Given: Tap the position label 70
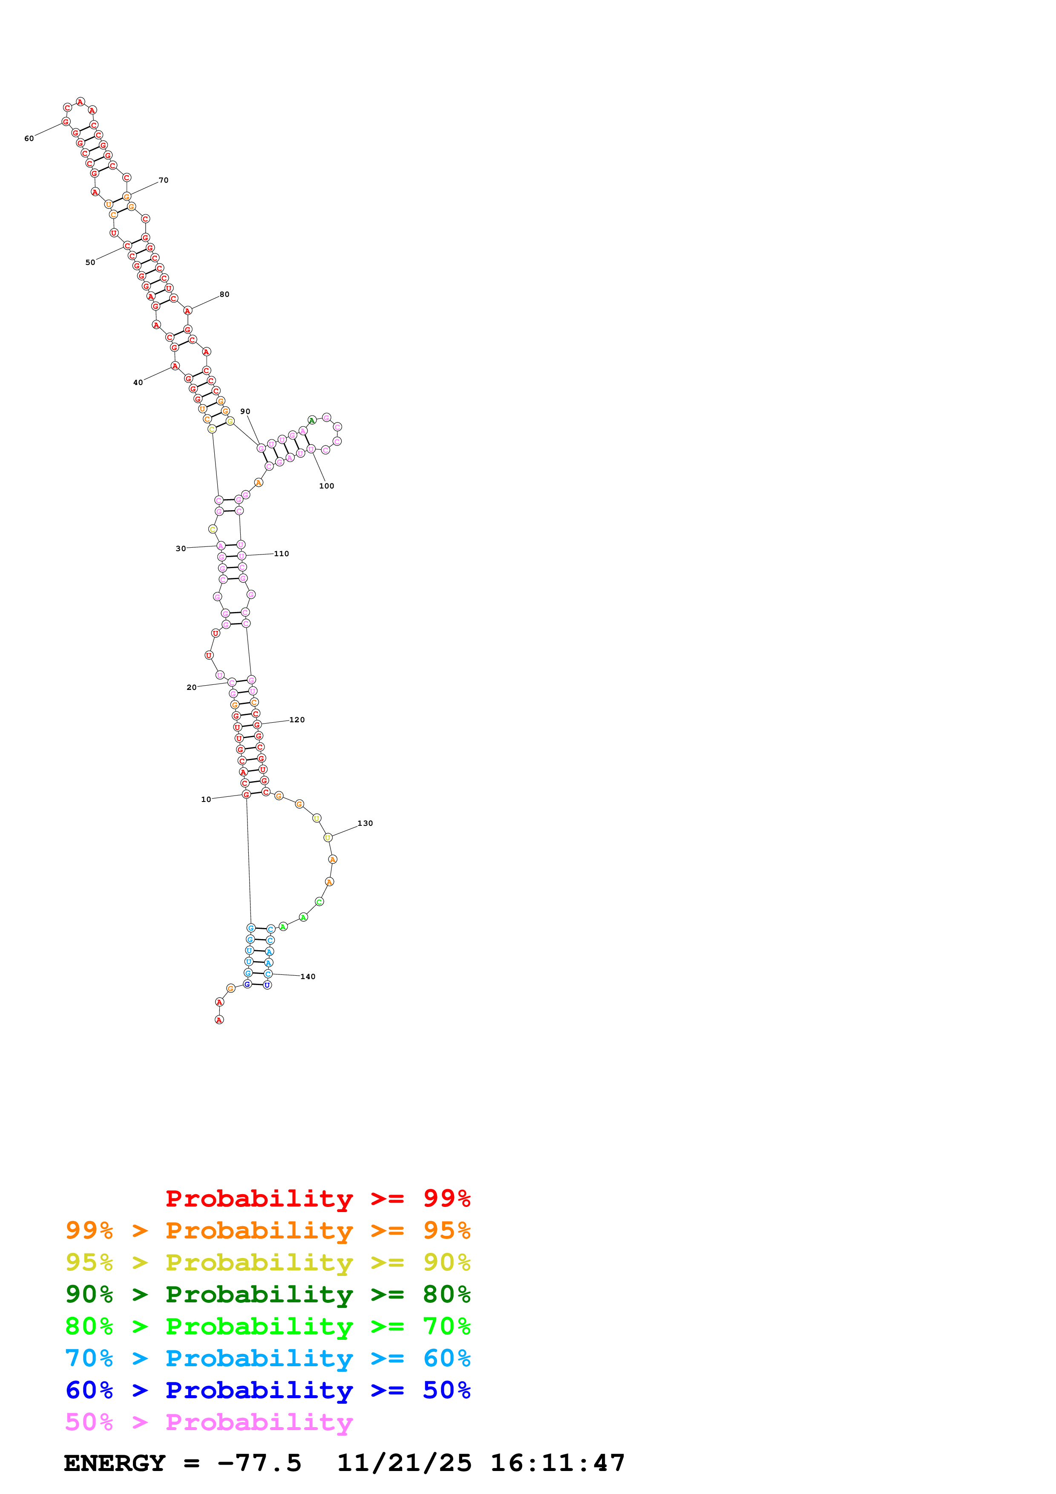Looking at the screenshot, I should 163,180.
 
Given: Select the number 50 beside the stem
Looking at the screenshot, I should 90,263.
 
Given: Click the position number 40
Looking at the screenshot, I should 138,382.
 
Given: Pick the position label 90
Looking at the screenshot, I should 245,412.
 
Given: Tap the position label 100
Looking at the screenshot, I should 327,486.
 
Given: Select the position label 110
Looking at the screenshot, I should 282,554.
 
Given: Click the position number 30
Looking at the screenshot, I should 181,549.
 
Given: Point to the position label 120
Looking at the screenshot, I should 297,720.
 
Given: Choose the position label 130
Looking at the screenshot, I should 365,823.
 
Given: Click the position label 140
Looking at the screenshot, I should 308,977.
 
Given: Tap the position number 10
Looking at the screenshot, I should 206,800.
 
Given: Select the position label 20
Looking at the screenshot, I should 191,687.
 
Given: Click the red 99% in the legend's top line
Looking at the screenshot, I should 446,1198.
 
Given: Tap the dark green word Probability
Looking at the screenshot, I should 259,1294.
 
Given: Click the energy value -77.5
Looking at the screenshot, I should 259,1463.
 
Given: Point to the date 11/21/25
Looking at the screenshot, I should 404,1463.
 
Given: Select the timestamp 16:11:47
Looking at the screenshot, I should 558,1463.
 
